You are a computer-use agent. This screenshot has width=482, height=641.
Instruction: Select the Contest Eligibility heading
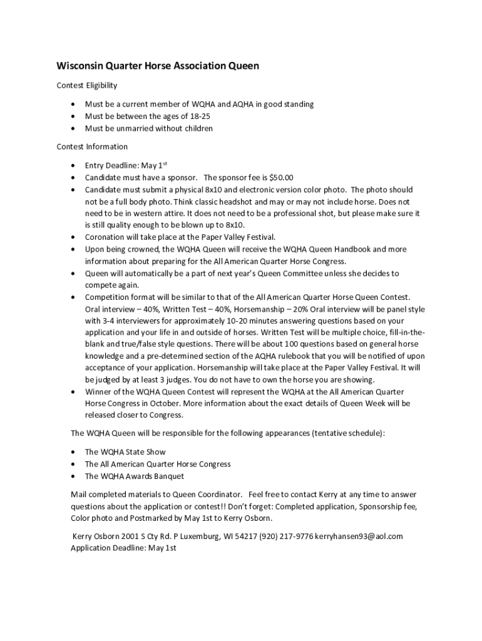point(87,85)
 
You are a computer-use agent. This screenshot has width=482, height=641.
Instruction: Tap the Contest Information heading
point(92,146)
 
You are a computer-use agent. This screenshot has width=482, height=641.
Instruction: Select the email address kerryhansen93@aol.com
point(359,536)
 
